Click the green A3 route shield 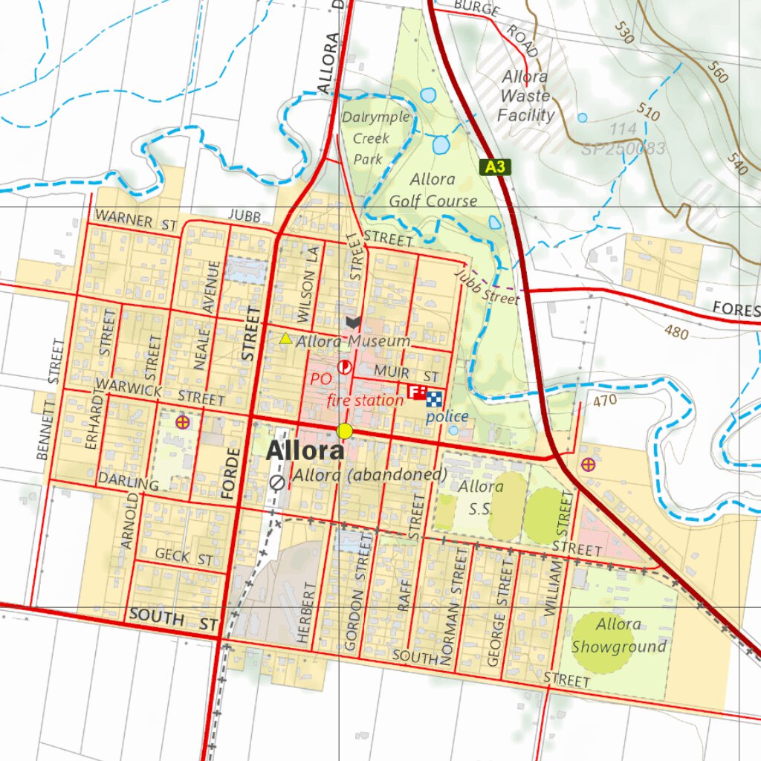pos(495,166)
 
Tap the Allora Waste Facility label pos(525,96)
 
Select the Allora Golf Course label pos(433,190)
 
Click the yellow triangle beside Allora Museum pos(285,339)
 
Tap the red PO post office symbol pos(344,366)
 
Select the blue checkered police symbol pos(434,399)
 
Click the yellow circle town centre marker pos(344,431)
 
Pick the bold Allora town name pos(305,450)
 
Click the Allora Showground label pos(618,635)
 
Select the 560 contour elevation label pos(718,73)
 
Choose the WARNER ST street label pos(136,221)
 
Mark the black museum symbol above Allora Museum pos(354,323)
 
